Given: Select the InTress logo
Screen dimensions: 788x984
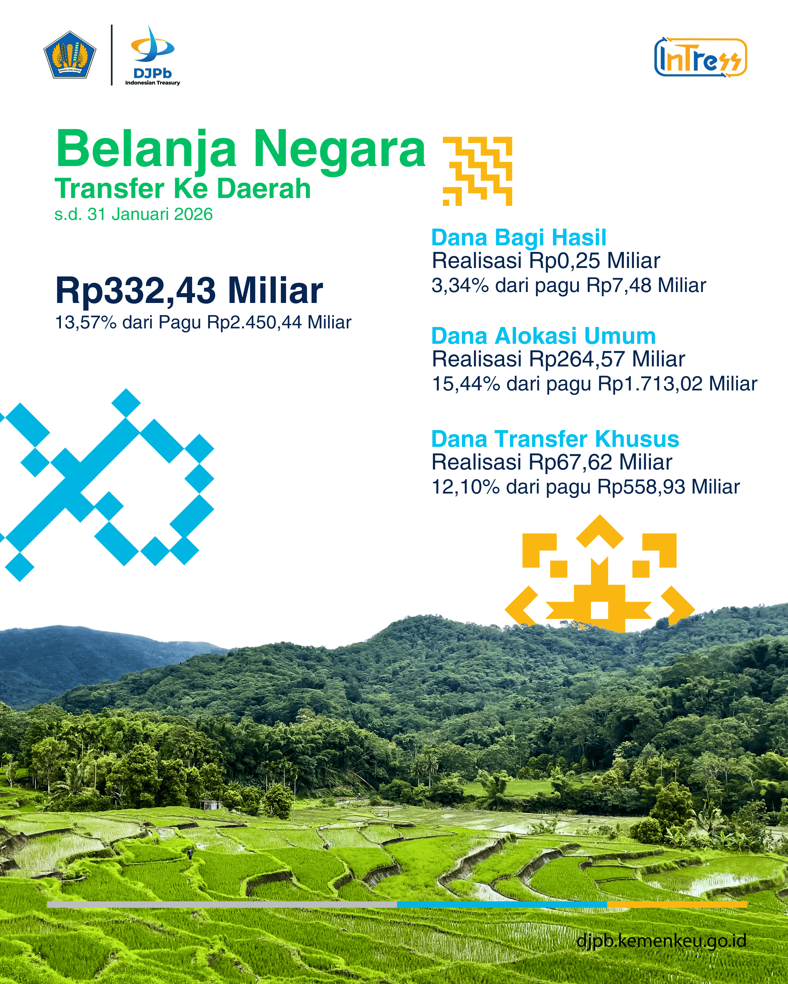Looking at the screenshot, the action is [x=700, y=58].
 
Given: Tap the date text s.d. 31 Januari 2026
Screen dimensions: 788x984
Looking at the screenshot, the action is [x=133, y=214].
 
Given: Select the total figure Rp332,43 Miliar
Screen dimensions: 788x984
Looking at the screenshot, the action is [x=189, y=290].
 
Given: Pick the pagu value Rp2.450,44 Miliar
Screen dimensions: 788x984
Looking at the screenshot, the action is [x=279, y=322].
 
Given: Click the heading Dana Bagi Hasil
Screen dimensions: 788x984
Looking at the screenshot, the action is [x=519, y=238].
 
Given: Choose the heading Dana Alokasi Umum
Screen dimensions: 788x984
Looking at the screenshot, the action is [x=544, y=336].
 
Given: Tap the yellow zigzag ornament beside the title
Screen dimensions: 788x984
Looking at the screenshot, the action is [x=477, y=171].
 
